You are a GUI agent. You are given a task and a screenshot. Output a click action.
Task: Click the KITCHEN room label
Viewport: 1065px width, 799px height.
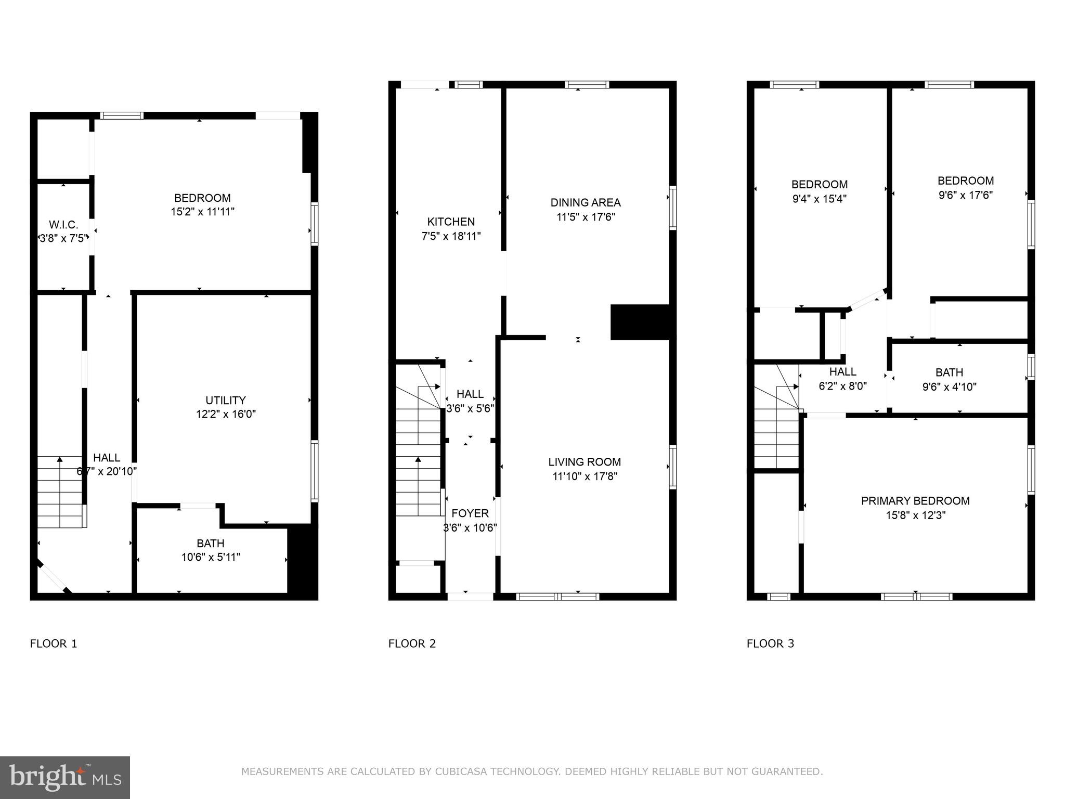click(x=451, y=222)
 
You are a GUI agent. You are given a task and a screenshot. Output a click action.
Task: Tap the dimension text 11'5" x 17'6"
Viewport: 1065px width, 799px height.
click(x=586, y=217)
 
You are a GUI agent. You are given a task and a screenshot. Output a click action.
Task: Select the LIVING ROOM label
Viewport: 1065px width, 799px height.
click(x=585, y=462)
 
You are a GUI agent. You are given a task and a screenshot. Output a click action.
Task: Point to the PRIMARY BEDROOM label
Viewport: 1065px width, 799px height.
click(x=915, y=501)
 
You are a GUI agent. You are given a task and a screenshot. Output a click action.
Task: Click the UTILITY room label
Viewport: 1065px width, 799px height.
click(x=225, y=400)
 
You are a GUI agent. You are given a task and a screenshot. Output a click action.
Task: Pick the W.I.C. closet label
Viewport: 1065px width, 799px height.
click(x=63, y=225)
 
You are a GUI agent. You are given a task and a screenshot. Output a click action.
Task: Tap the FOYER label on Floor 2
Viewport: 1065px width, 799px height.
click(x=470, y=513)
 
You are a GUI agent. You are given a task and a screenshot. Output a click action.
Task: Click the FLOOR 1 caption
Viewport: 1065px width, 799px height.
click(x=54, y=643)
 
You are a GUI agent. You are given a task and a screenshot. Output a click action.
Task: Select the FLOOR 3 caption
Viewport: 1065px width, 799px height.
click(x=770, y=643)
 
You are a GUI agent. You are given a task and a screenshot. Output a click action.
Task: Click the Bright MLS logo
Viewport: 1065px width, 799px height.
click(x=65, y=777)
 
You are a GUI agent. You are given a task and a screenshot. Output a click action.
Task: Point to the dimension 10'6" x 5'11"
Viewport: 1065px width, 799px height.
click(x=211, y=557)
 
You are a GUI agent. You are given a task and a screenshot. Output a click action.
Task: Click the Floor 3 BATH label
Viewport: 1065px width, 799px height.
click(x=949, y=372)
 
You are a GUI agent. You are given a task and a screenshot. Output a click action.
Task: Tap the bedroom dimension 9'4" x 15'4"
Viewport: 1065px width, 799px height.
click(x=820, y=199)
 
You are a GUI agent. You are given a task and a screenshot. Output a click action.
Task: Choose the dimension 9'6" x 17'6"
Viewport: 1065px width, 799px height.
click(x=966, y=195)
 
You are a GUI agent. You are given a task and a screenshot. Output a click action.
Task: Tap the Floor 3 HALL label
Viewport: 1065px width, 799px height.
click(x=842, y=372)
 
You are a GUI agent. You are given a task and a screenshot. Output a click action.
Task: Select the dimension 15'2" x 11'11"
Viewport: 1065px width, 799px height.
click(x=202, y=212)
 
